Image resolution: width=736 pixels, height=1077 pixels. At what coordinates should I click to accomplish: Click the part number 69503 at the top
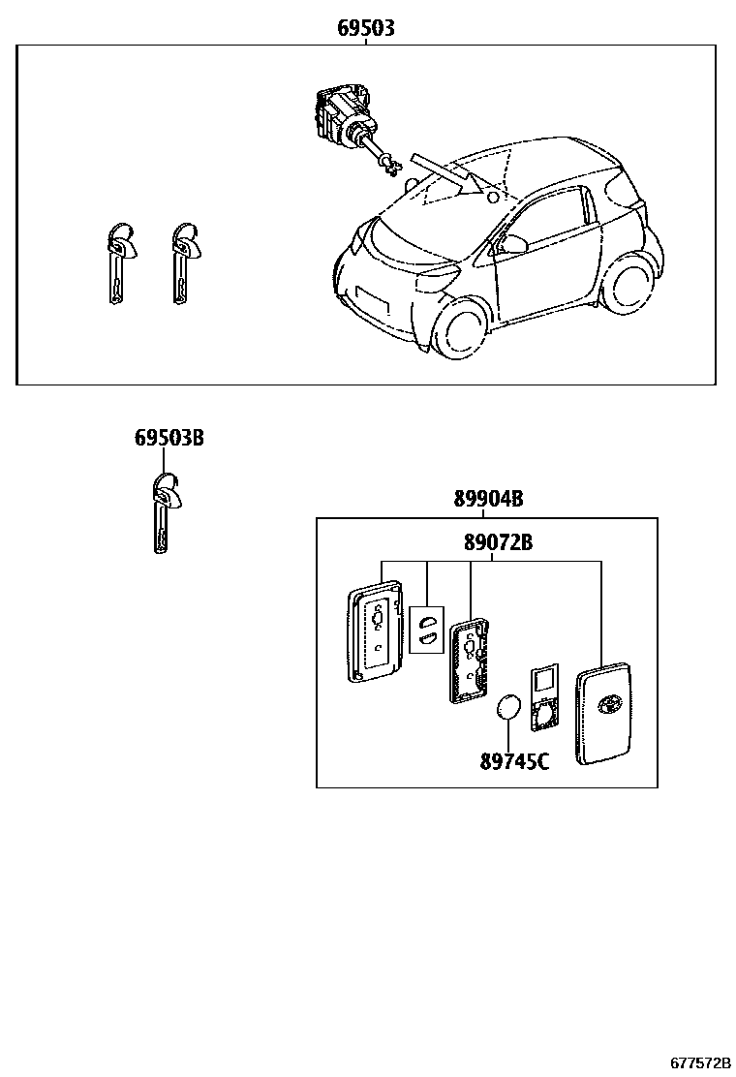(x=365, y=29)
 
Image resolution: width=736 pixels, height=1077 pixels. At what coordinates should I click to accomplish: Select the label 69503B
(x=169, y=439)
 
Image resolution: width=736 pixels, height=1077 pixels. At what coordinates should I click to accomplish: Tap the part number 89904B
(x=488, y=500)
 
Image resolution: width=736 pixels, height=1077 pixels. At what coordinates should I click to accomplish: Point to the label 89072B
(x=498, y=542)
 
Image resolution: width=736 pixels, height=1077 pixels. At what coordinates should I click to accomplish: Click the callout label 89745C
(x=514, y=761)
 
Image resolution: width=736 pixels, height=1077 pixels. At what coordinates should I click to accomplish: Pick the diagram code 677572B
(x=699, y=1063)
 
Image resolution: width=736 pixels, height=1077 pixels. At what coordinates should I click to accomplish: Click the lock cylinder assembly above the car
(x=345, y=118)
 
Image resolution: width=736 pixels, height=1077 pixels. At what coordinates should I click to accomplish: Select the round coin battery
(x=507, y=709)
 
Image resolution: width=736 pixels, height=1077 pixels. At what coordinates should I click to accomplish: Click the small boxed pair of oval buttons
(x=426, y=629)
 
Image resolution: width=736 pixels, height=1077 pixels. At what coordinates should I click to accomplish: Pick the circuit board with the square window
(x=544, y=695)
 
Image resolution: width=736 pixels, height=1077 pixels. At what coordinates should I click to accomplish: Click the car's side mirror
(x=511, y=241)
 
